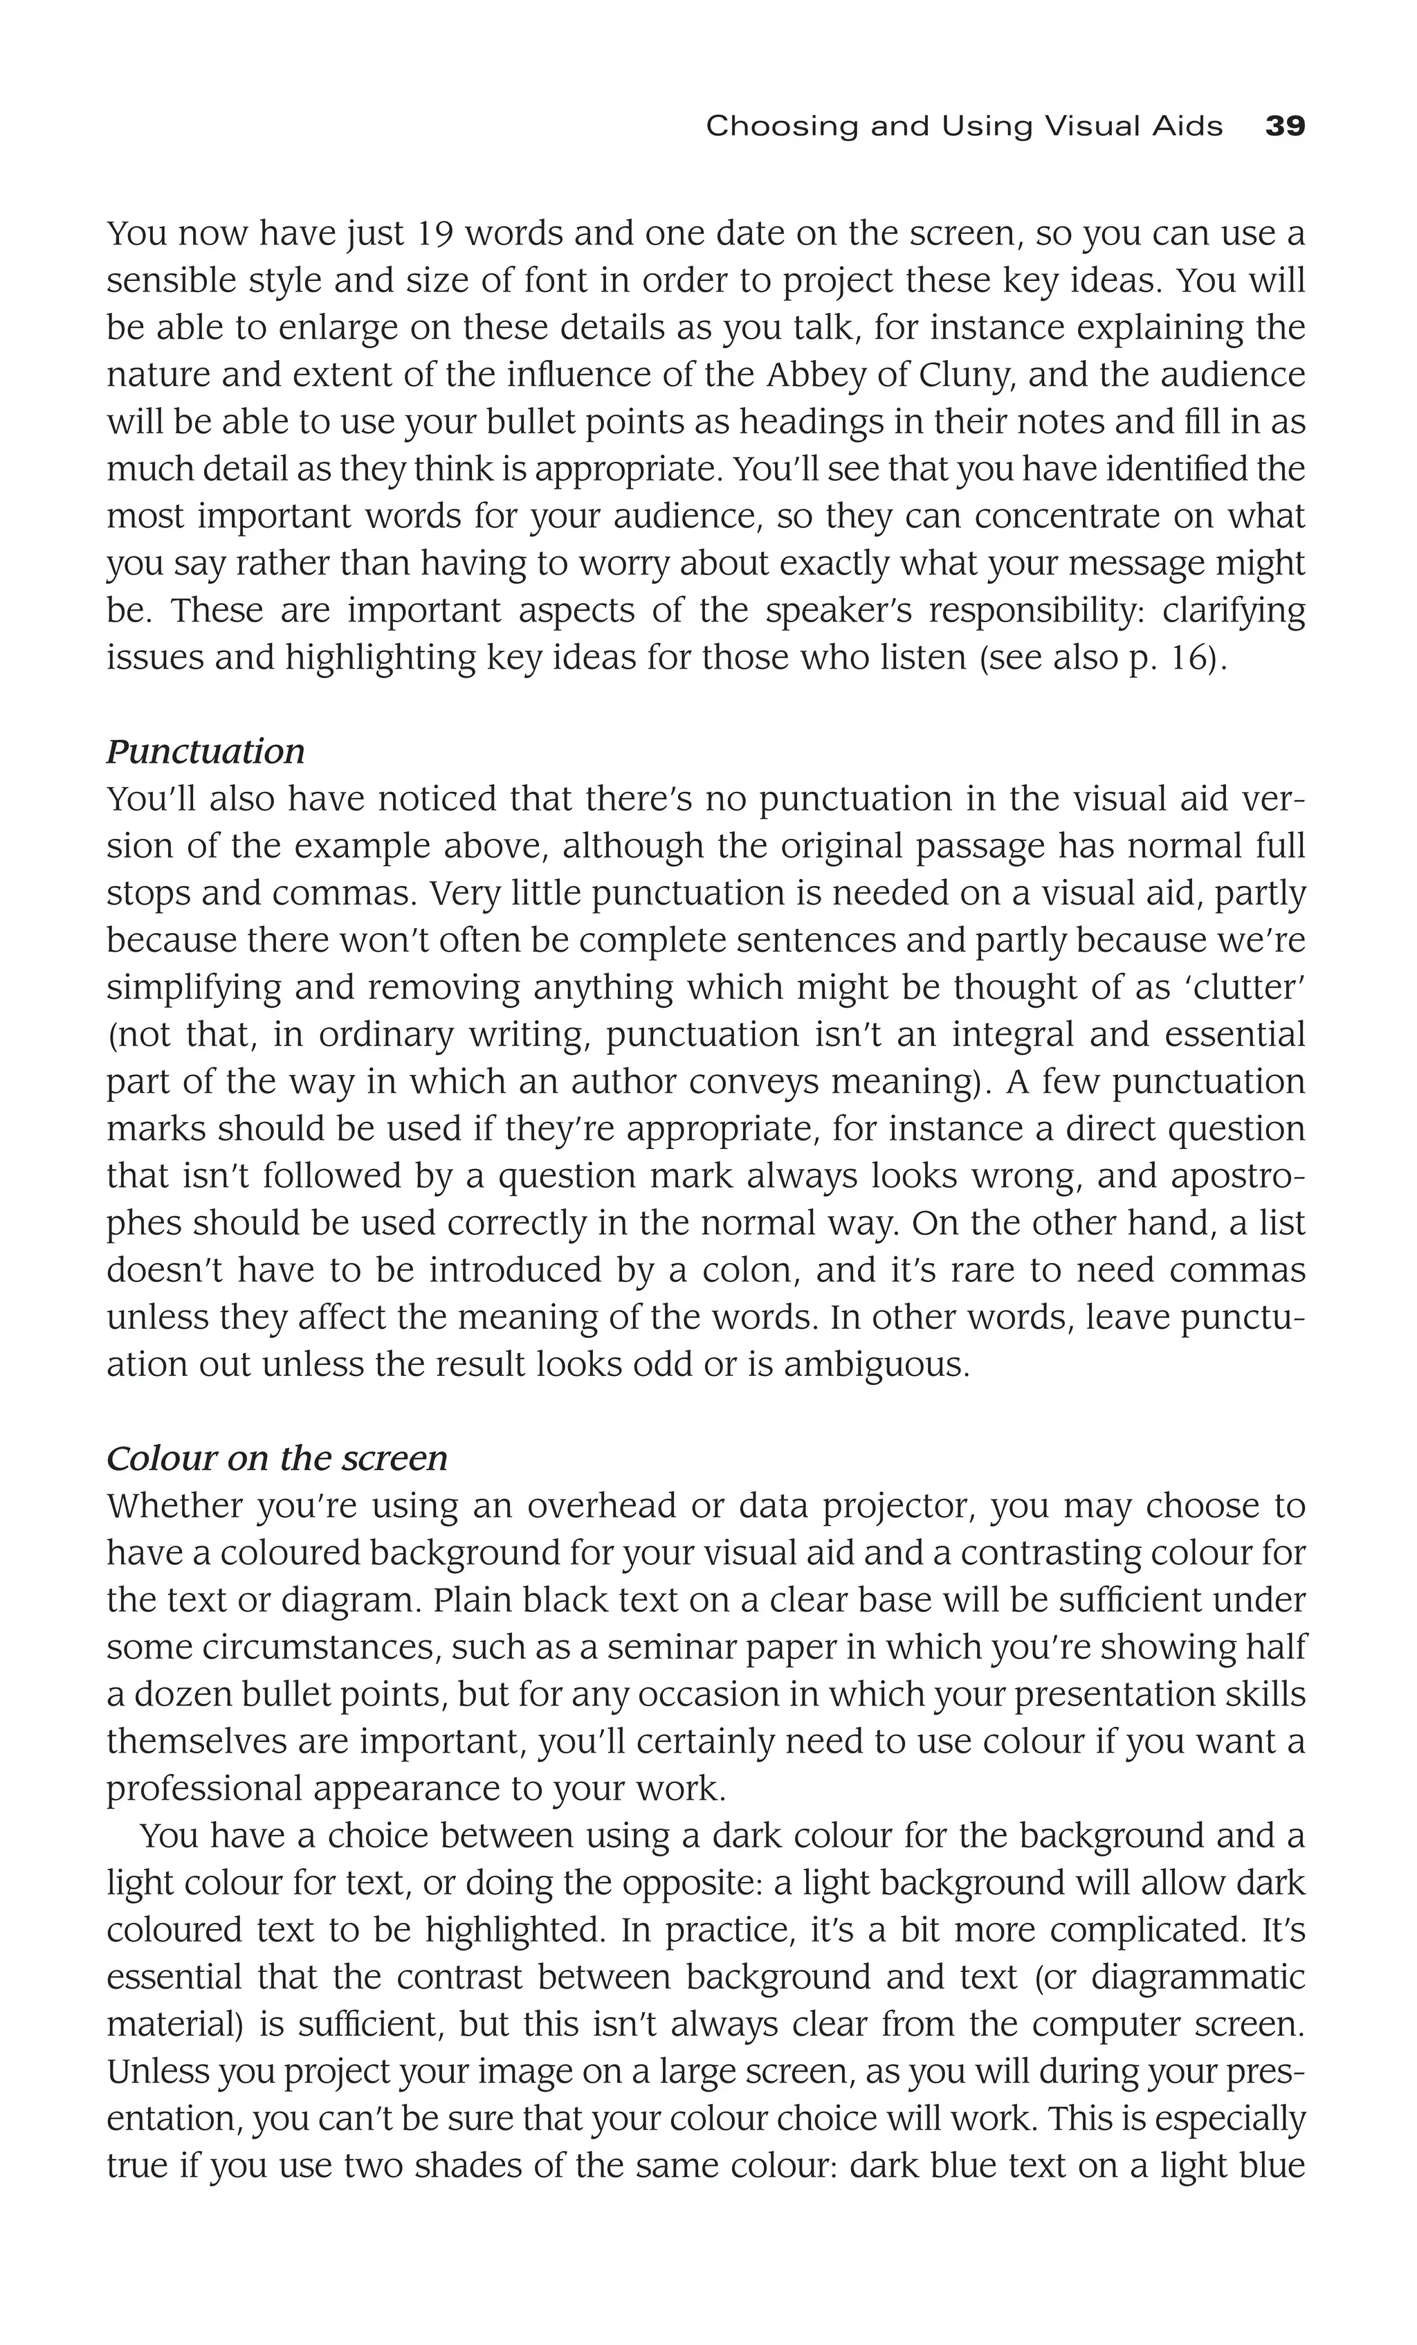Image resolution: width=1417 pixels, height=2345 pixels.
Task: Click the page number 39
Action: (x=1285, y=126)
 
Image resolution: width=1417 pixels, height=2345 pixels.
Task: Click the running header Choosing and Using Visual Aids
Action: (x=963, y=126)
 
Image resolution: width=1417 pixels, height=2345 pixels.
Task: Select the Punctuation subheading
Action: (x=205, y=752)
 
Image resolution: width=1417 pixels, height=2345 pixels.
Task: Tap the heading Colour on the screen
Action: (x=277, y=1459)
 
